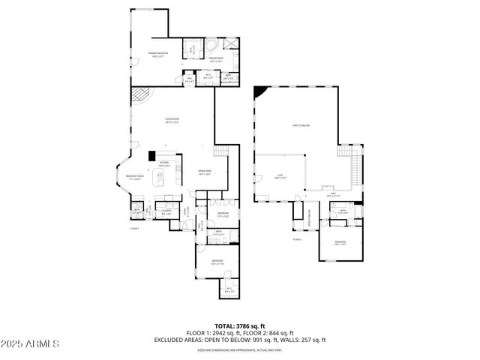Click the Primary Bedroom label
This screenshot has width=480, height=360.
coord(157,55)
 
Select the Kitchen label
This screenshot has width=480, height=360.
coord(164,163)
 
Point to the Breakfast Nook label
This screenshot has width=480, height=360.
coord(135,178)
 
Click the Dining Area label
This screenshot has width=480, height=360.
coord(204,172)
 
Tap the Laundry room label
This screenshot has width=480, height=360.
coord(166,212)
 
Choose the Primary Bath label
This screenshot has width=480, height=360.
coord(217,59)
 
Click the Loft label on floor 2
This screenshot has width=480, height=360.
coord(279,177)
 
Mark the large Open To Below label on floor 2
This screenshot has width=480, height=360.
coord(301,125)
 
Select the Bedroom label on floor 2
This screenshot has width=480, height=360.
coord(340,242)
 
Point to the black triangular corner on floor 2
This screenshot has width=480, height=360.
coord(260,92)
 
